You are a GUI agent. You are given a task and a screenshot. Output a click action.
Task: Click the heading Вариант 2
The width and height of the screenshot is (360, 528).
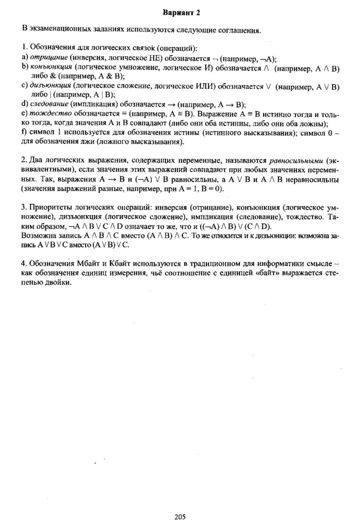click(181, 12)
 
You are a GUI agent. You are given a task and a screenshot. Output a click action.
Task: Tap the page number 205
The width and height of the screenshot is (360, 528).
click(180, 517)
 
